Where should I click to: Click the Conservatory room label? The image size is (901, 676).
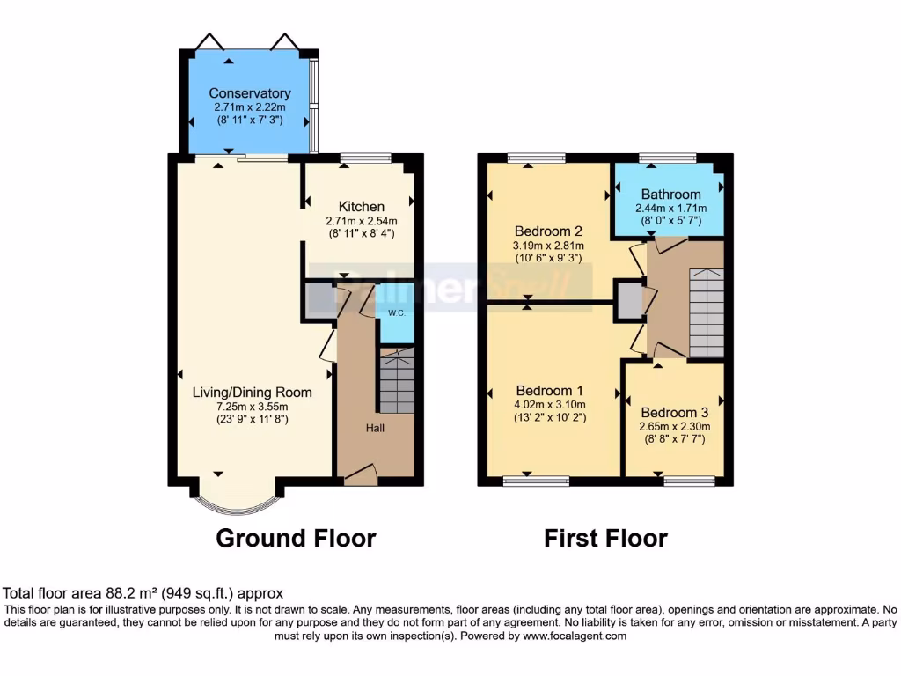[x=250, y=93]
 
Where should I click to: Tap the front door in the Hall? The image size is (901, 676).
[x=360, y=475]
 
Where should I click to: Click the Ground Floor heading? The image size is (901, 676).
[x=296, y=538]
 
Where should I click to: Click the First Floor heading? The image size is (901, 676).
[x=605, y=538]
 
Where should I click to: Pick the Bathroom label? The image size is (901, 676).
[x=670, y=195]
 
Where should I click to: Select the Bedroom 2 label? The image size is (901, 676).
[x=549, y=231]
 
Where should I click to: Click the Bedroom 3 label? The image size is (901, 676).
[x=673, y=412]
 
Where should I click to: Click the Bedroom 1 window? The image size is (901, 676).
[x=536, y=481]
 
